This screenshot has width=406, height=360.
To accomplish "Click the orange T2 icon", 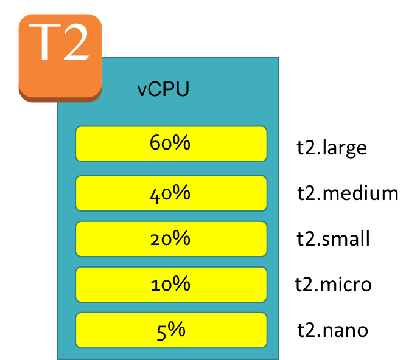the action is click(x=60, y=58).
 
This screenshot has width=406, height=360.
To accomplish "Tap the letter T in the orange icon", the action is click(x=44, y=42).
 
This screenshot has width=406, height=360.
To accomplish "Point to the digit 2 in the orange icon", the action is click(x=76, y=41).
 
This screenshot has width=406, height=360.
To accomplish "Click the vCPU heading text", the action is click(x=163, y=89).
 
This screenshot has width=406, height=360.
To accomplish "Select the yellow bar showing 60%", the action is click(x=171, y=144).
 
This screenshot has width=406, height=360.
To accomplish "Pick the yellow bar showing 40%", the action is click(x=171, y=193).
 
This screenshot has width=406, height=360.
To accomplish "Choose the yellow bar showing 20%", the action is click(x=171, y=239).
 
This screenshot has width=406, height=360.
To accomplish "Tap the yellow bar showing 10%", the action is click(x=171, y=285).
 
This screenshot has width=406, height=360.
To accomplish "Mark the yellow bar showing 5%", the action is click(x=171, y=330).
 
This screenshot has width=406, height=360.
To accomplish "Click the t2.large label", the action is click(x=332, y=148).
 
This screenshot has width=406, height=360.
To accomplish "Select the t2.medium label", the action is click(x=348, y=193).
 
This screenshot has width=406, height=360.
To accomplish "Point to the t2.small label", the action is click(x=333, y=238).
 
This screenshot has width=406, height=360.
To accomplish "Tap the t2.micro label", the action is click(x=334, y=284).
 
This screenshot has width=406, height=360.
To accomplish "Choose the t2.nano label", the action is click(x=333, y=330).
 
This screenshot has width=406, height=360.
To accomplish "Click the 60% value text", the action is click(x=170, y=142).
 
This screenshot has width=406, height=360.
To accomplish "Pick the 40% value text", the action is click(x=170, y=193).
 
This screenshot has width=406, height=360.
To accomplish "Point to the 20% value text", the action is click(x=170, y=238).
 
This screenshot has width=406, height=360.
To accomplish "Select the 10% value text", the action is click(x=170, y=284).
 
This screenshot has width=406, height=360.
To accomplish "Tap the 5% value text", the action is click(x=171, y=331).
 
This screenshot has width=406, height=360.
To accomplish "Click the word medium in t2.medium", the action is click(x=360, y=193).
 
